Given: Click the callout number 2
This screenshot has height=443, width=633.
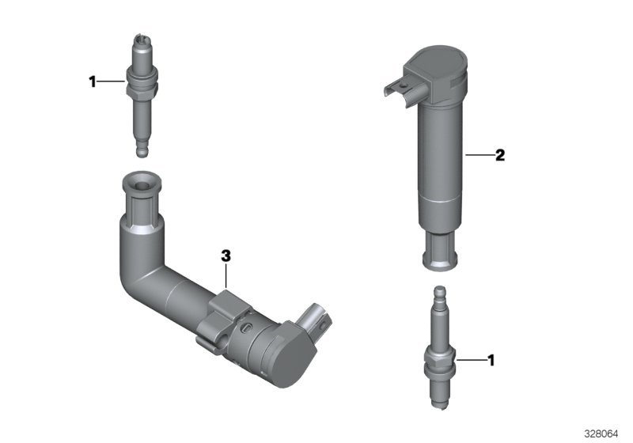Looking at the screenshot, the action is coord(500,155).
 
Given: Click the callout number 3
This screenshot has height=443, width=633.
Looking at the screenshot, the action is coord(226,256).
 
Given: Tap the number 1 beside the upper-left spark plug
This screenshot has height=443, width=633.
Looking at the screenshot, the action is coord(93,82).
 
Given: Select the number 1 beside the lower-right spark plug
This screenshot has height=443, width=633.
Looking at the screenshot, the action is coord(491,360).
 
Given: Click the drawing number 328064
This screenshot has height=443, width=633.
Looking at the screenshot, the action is coord(601,434).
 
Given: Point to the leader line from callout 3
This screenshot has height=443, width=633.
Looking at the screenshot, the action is coord(226,276).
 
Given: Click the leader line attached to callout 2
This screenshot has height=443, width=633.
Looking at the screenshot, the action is coord(480,154).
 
